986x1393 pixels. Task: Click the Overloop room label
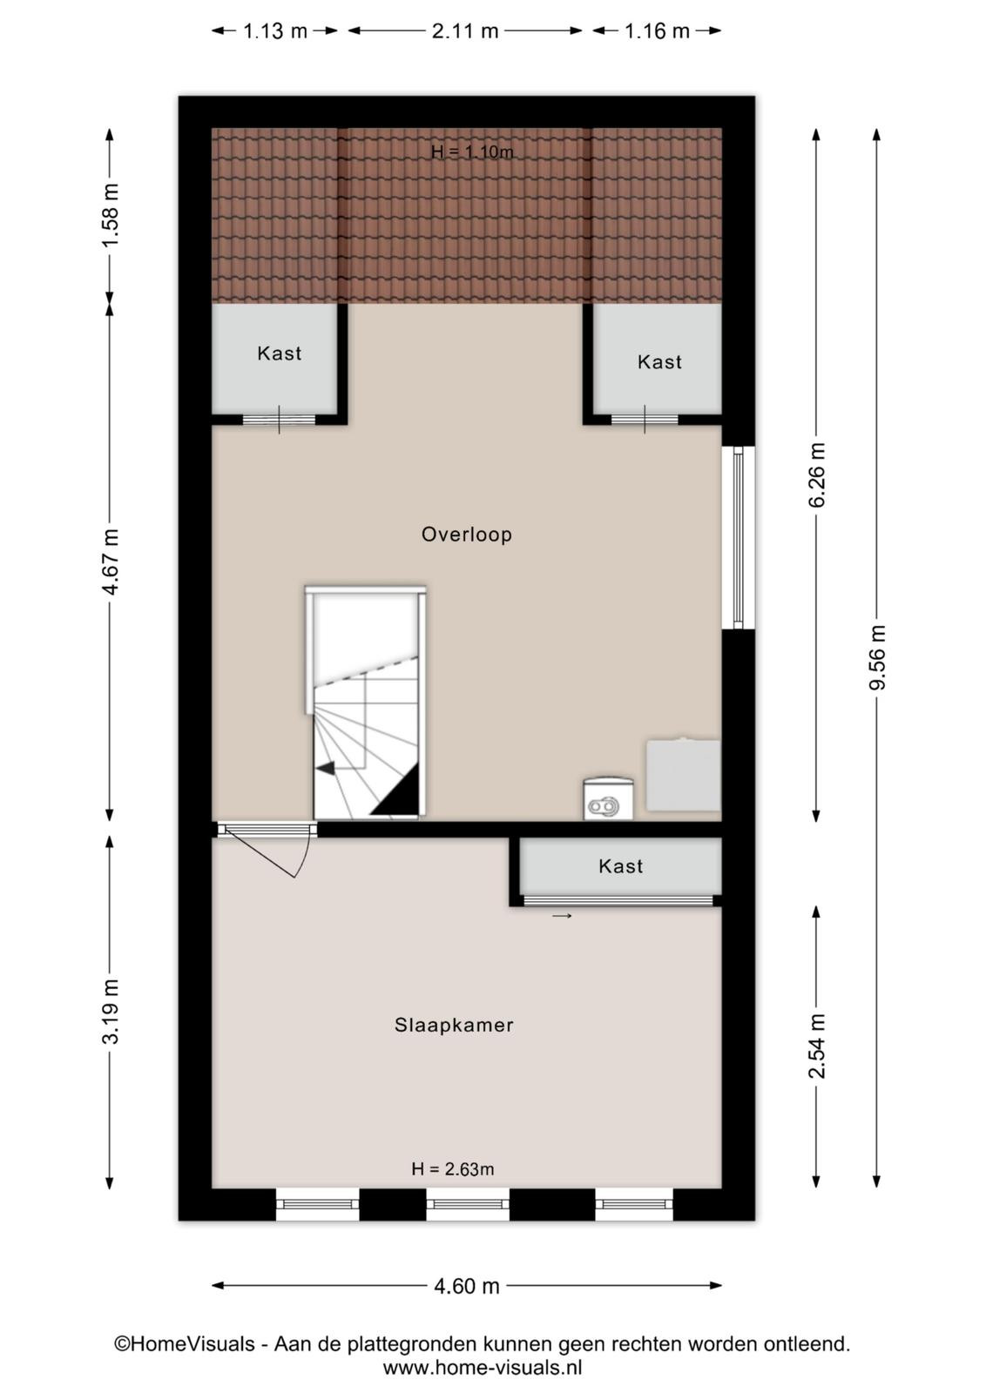pyautogui.click(x=467, y=535)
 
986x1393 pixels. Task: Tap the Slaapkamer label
pyautogui.click(x=454, y=1025)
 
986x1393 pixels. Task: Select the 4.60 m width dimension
pyautogui.click(x=467, y=1285)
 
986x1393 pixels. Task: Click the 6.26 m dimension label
pyautogui.click(x=817, y=474)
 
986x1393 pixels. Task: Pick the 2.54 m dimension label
pyautogui.click(x=817, y=1046)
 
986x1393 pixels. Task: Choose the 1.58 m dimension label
pyautogui.click(x=110, y=215)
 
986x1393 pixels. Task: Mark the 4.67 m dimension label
pyautogui.click(x=110, y=562)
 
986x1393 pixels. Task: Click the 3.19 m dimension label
pyautogui.click(x=110, y=1011)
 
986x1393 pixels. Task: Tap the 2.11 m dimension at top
pyautogui.click(x=465, y=30)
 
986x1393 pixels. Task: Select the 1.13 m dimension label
pyautogui.click(x=275, y=30)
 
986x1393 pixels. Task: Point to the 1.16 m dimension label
pyautogui.click(x=657, y=30)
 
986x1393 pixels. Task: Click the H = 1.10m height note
pyautogui.click(x=472, y=151)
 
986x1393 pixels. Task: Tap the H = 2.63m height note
pyautogui.click(x=453, y=1169)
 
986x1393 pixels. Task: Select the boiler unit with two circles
pyautogui.click(x=608, y=798)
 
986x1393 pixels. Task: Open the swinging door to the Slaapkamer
pyautogui.click(x=265, y=850)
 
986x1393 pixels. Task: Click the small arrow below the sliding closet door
pyautogui.click(x=562, y=915)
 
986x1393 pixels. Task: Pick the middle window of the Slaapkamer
pyautogui.click(x=467, y=1204)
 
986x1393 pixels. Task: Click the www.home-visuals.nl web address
pyautogui.click(x=483, y=1368)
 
